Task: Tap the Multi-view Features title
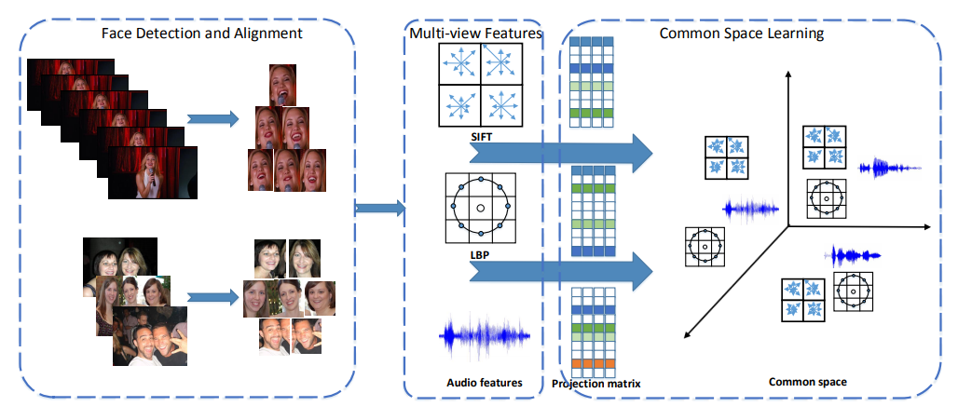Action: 475,34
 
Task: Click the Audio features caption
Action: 485,382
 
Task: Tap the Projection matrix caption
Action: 595,383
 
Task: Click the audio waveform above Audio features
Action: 485,338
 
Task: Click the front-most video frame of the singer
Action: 148,174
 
